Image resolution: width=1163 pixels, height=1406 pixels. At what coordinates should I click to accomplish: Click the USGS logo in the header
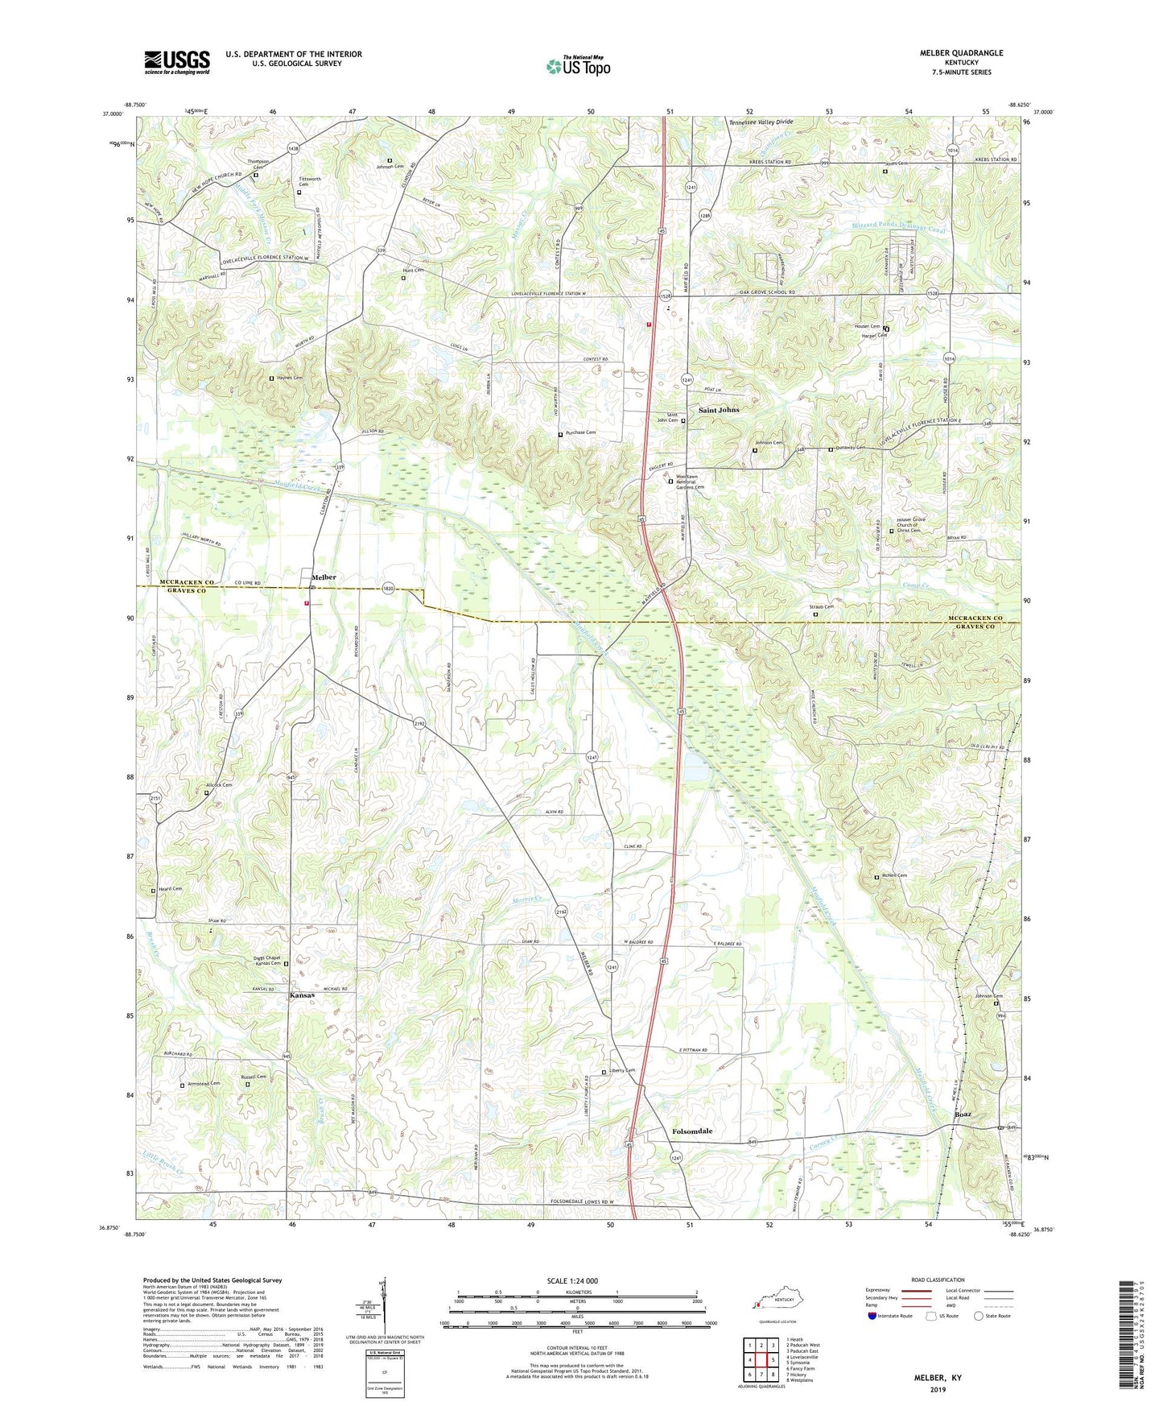[x=177, y=62]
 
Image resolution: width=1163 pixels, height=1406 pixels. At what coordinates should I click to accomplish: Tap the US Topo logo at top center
[x=578, y=65]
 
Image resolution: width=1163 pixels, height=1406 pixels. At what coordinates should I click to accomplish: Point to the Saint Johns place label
[x=718, y=410]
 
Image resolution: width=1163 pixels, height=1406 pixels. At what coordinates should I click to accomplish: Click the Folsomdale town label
[x=692, y=1131]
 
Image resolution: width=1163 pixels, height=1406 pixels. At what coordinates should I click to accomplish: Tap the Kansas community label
[x=302, y=995]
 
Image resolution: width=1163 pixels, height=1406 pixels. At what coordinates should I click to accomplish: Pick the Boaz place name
[x=963, y=1114]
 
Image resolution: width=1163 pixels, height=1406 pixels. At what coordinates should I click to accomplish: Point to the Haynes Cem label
[x=290, y=378]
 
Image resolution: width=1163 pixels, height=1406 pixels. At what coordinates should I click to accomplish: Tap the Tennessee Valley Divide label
[x=761, y=122]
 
